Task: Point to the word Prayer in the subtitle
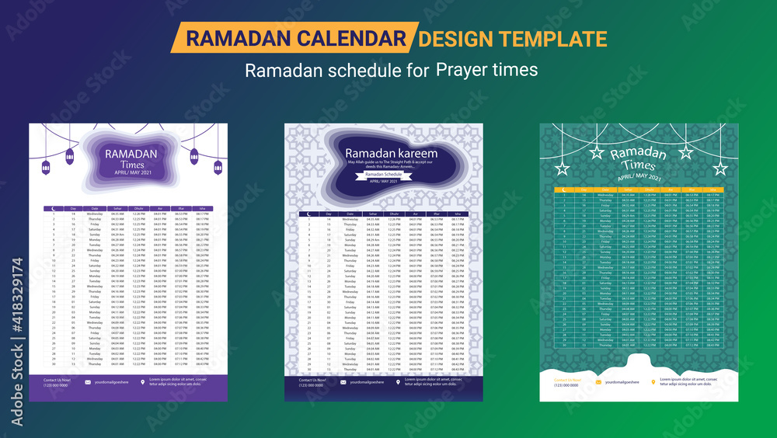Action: [463, 70]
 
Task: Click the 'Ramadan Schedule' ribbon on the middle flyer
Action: [384, 175]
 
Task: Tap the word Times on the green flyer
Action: [639, 165]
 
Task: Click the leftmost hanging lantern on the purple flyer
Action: [45, 167]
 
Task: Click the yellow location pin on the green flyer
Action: [653, 381]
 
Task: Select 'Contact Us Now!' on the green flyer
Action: [566, 380]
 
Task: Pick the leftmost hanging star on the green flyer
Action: [562, 169]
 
